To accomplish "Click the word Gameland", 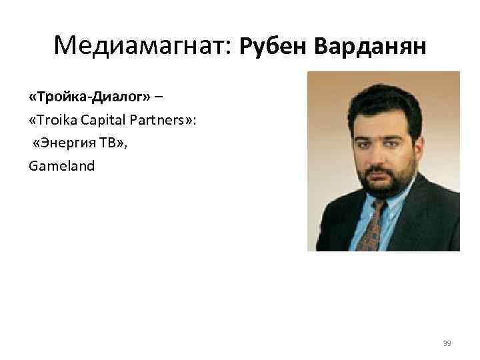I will pyautogui.click(x=62, y=165).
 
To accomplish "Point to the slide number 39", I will pyautogui.click(x=447, y=343).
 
